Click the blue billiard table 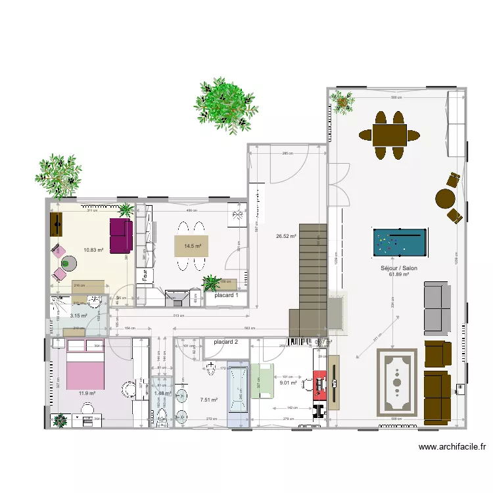[399, 243]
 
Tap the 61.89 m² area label [399, 275]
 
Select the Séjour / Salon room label [399, 268]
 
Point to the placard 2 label [226, 342]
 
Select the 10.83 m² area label [93, 250]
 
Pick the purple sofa [121, 235]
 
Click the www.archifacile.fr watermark [453, 448]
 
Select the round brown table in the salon [446, 199]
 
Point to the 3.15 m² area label [79, 316]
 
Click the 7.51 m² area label [208, 399]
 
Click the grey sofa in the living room [435, 308]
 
